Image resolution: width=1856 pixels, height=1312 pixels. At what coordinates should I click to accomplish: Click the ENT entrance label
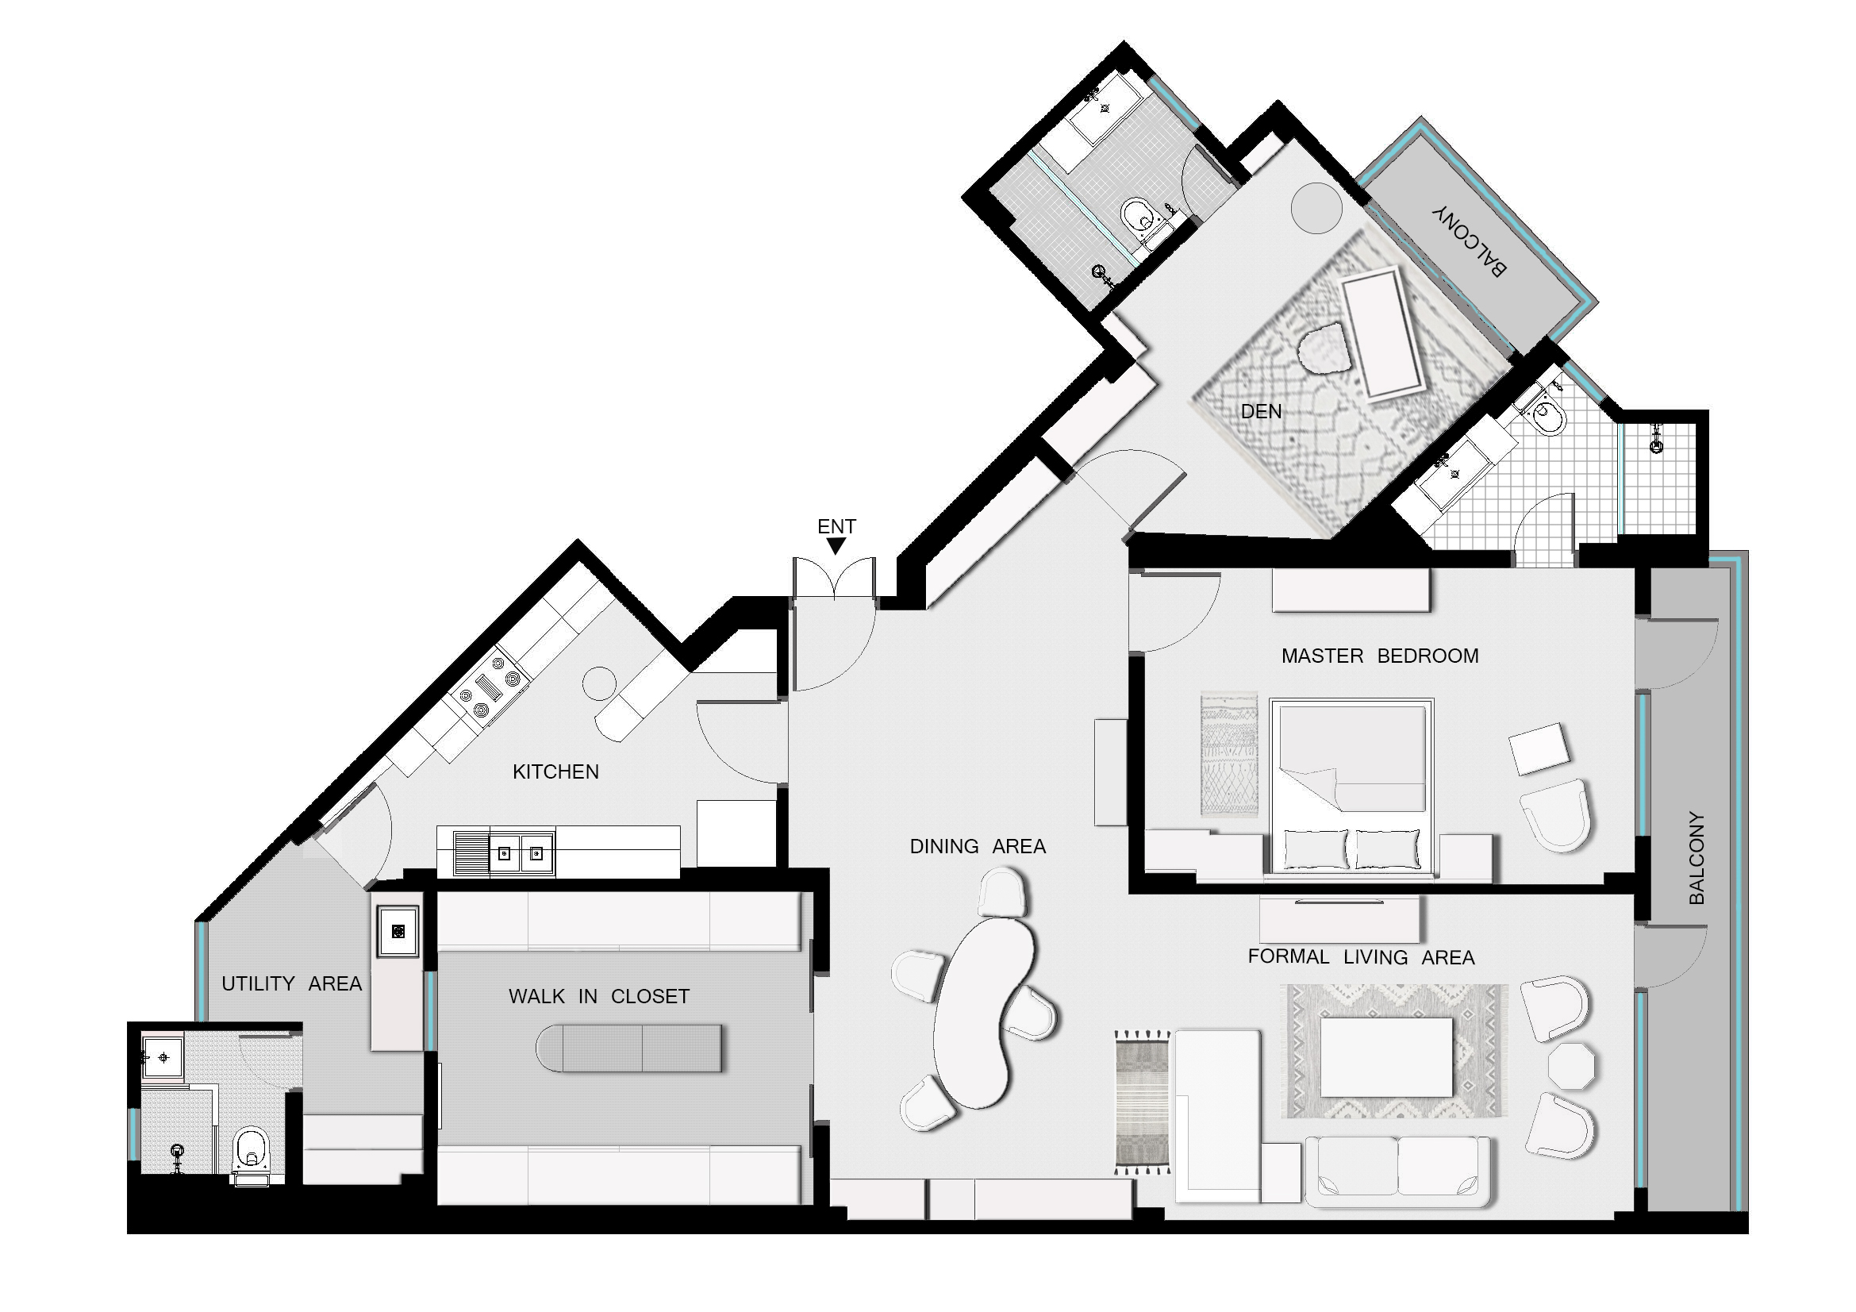836,526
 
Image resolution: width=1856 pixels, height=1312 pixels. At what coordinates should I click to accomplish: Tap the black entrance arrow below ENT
836,546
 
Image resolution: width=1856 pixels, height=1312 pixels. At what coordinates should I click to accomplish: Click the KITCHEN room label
555,772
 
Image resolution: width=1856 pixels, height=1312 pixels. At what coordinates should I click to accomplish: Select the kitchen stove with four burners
490,687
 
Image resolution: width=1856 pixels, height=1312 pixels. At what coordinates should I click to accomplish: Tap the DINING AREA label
978,846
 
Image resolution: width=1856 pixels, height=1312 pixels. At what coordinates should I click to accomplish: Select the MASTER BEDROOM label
1379,656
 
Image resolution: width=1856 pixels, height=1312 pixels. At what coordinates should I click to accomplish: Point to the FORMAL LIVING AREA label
1361,957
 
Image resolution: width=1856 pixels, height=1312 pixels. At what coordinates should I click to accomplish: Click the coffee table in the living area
1385,1056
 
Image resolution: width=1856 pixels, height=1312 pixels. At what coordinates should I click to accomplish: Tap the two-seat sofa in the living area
1397,1172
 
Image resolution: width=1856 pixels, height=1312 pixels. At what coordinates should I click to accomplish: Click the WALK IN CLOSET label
599,997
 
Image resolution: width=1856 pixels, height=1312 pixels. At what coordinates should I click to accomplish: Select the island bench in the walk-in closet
629,1048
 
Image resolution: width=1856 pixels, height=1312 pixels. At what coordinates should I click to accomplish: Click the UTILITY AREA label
291,983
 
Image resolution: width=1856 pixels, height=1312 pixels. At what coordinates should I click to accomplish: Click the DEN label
1260,411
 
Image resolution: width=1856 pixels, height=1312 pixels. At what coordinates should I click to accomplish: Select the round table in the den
1317,208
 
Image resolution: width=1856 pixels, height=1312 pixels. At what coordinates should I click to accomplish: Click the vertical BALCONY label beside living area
1697,858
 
